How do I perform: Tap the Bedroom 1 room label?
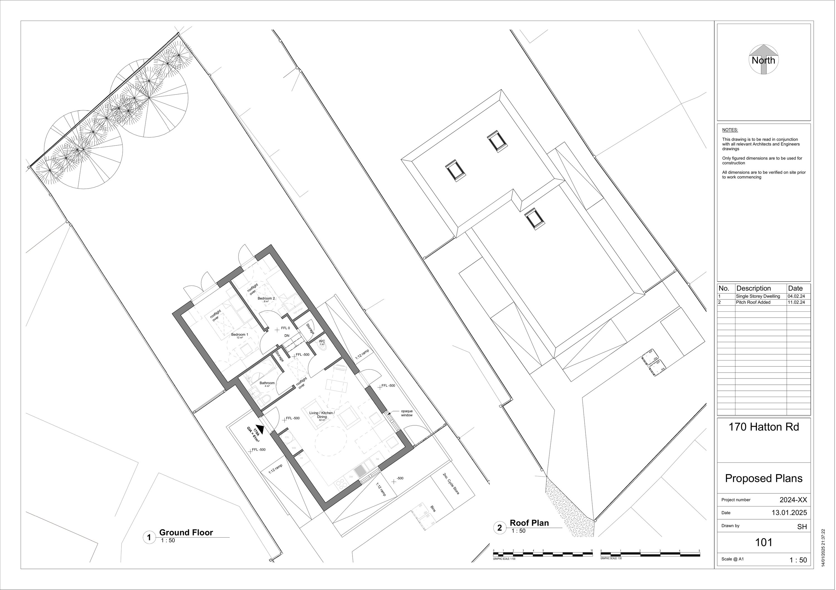240,335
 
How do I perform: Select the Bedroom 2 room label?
266,298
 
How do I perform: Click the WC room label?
322,342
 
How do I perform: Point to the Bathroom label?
267,383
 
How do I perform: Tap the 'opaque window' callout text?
407,413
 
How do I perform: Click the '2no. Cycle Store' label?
451,484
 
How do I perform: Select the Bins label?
433,508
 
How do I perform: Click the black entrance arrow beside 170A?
260,429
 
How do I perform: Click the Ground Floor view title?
186,533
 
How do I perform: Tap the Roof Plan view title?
529,523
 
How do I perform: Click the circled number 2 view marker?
500,528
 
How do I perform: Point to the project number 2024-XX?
793,500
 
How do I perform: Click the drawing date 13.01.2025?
789,513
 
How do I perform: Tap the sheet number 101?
764,543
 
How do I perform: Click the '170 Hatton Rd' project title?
764,427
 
